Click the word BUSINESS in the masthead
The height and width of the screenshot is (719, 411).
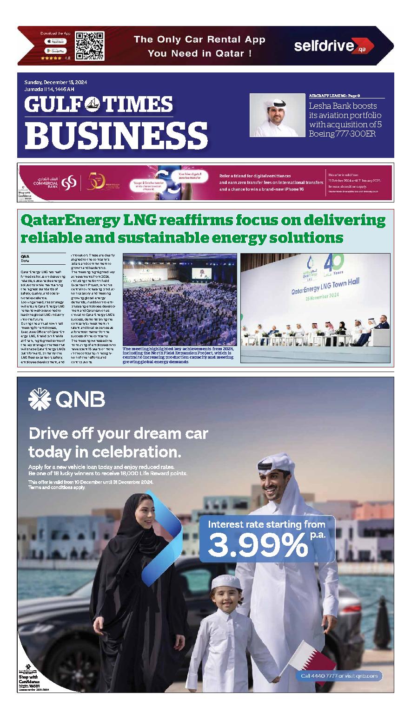tap(116, 134)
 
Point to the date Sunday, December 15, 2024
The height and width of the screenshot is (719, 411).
tap(56, 82)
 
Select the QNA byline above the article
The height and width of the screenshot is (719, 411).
tap(25, 256)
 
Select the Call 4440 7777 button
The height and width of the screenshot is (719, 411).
tap(339, 675)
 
